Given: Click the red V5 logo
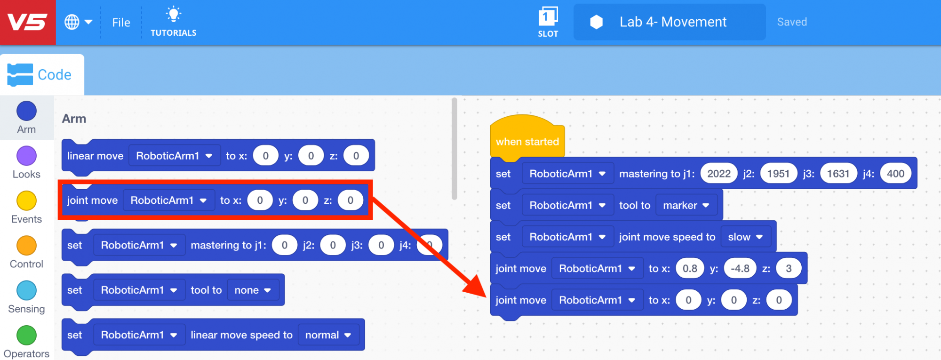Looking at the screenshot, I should coord(27,22).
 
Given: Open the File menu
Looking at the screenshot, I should coord(121,23).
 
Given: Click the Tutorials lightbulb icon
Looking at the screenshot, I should coord(174,15).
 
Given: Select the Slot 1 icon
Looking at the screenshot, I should coord(548,17).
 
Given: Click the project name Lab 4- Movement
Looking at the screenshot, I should coord(672,22).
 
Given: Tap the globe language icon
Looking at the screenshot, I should coord(72,22).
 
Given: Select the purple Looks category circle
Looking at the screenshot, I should coord(26,156).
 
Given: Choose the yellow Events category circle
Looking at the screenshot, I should coord(26,201).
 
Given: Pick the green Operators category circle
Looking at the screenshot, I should coord(26,336).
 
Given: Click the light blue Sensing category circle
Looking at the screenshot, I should coord(26,290).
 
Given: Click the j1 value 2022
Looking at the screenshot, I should coord(718,174).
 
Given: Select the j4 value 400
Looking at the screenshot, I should coord(895,174).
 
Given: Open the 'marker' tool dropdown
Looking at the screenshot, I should coord(686,205).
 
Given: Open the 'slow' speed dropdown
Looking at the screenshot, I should coord(745,237).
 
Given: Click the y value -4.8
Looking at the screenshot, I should coord(740,268).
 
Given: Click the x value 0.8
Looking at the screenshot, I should coord(690,268).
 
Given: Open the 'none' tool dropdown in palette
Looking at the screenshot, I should coord(253,290).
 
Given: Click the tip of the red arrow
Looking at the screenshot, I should coord(486,296).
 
